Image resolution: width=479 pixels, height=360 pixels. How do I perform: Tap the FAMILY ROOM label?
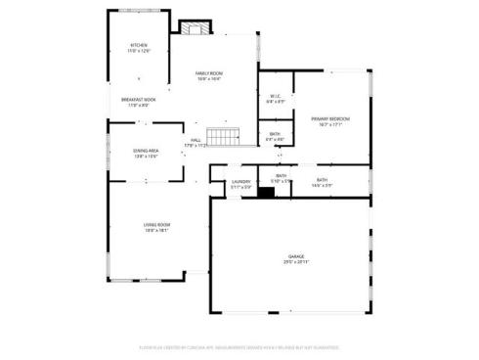[x=209, y=73]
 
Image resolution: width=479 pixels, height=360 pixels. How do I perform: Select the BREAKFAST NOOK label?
[x=139, y=100]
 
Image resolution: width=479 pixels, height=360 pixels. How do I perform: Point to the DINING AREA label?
[x=147, y=151]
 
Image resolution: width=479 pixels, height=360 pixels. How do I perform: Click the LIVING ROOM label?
[x=156, y=225]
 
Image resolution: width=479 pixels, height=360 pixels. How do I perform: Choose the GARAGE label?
[x=295, y=256]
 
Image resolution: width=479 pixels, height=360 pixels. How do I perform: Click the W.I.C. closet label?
[x=275, y=96]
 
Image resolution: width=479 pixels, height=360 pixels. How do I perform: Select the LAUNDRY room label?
[x=240, y=181]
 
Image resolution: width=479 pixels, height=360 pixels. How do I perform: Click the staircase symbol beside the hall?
[x=225, y=137]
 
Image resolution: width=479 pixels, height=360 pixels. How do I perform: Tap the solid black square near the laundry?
[x=265, y=192]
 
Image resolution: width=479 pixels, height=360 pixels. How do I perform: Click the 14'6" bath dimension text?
[x=323, y=186]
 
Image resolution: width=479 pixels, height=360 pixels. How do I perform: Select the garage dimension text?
[x=295, y=262]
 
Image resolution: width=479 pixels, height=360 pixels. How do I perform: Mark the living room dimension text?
[x=156, y=231]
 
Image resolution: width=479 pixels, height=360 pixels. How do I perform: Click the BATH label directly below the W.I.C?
[x=275, y=134]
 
